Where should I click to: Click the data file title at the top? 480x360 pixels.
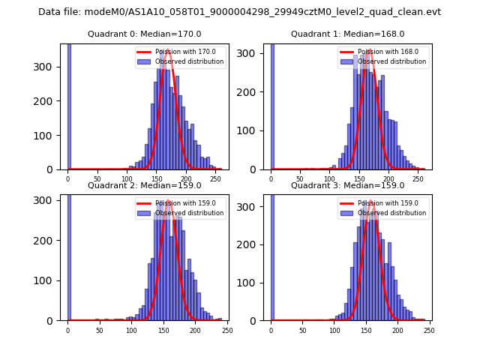point(239,12)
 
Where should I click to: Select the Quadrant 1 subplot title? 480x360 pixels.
point(347,34)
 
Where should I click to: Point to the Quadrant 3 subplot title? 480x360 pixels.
point(347,185)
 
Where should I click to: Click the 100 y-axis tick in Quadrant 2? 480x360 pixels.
point(49,280)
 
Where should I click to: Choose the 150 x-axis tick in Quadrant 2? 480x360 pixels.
point(163,330)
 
